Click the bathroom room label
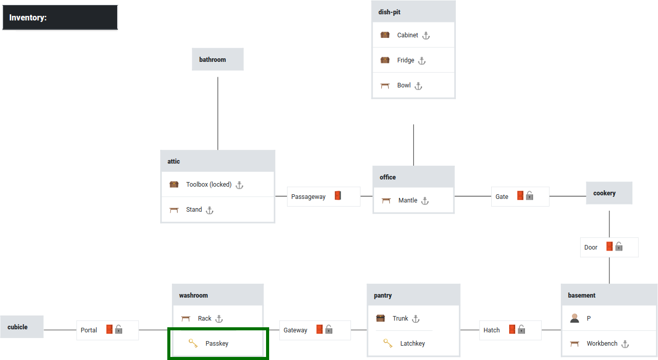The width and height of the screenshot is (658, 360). coord(212,60)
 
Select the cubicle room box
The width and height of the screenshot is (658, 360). coord(21,327)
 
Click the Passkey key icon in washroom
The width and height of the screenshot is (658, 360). coord(193,344)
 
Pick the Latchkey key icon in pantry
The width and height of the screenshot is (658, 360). coord(388,344)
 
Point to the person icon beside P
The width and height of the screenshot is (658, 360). coord(575,318)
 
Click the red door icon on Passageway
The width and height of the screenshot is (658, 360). coord(338,196)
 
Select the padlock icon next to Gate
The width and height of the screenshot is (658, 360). coord(530,196)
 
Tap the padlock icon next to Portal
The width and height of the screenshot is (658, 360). coord(119,329)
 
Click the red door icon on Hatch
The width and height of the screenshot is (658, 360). coord(512,329)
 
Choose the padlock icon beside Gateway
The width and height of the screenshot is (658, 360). coord(329,329)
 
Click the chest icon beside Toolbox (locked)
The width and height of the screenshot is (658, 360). coord(174,185)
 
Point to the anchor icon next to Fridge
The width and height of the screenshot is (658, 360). coord(422,60)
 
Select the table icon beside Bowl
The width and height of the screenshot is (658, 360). coord(385,86)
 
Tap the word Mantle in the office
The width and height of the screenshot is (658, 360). coord(408,200)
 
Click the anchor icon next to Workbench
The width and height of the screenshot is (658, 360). coord(625,344)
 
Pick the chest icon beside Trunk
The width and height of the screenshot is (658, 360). coord(380,319)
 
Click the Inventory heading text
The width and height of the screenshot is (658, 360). coord(28,18)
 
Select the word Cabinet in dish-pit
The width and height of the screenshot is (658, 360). coord(408,35)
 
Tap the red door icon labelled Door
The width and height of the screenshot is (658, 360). coord(609,246)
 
